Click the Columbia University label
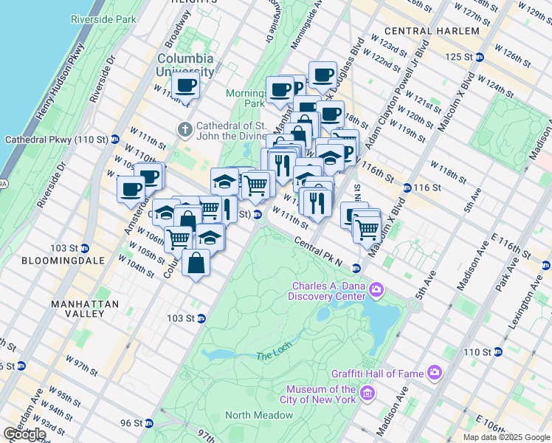click(185, 65)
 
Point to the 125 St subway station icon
click(480, 57)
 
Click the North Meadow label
click(259, 416)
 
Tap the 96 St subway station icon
click(151, 424)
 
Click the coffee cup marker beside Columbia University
click(185, 86)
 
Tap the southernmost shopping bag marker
click(196, 264)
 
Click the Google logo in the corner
click(25, 433)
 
